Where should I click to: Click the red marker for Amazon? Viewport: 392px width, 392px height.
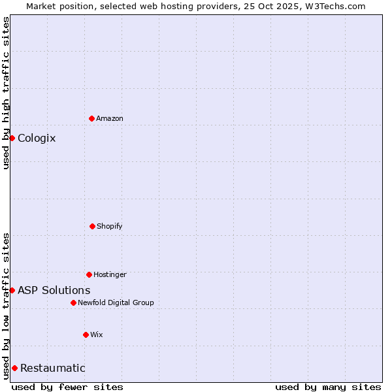(91, 118)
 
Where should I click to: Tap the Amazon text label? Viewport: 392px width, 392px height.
(110, 118)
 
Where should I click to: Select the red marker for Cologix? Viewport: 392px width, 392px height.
(12, 138)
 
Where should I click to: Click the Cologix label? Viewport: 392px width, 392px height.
(37, 138)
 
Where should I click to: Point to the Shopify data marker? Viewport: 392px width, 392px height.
(92, 226)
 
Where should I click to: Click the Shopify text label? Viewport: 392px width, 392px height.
(110, 226)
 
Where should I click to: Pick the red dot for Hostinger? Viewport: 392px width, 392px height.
(89, 274)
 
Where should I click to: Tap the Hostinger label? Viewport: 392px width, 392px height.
(110, 274)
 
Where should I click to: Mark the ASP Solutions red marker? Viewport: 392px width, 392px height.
(12, 290)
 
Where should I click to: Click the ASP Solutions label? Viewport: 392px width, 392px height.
(54, 290)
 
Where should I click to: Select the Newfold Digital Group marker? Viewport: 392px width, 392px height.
(73, 302)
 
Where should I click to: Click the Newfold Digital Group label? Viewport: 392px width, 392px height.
(116, 302)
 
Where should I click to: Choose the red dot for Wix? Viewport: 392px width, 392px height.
(86, 335)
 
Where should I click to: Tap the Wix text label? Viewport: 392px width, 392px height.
(97, 335)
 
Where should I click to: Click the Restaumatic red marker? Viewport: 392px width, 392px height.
(14, 368)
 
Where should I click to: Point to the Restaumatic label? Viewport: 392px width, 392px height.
(53, 368)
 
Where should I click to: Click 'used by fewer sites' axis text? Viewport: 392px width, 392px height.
(67, 387)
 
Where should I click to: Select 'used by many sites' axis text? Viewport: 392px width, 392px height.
(328, 387)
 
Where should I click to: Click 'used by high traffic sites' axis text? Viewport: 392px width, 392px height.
(6, 93)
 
